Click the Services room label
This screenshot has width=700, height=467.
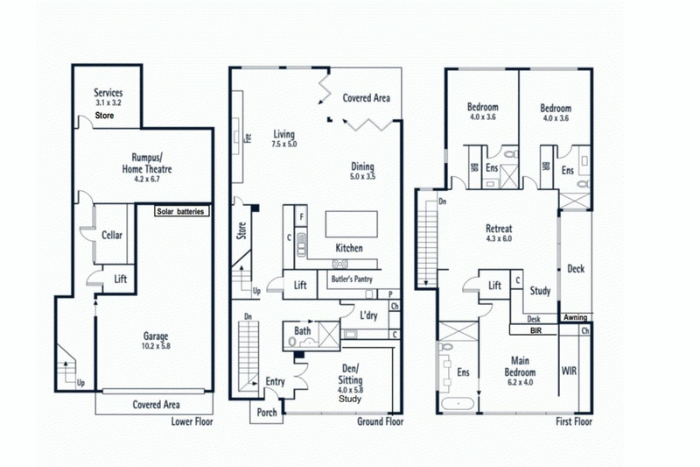(109, 93)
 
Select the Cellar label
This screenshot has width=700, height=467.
(111, 236)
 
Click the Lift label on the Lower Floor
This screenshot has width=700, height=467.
(122, 279)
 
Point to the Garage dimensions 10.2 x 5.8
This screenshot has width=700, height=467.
(156, 346)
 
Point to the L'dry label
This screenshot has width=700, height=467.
(368, 315)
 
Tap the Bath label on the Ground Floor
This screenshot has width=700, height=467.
(303, 331)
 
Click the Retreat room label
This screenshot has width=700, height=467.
(499, 226)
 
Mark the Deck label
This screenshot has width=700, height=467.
(576, 269)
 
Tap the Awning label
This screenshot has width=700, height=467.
(575, 317)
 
